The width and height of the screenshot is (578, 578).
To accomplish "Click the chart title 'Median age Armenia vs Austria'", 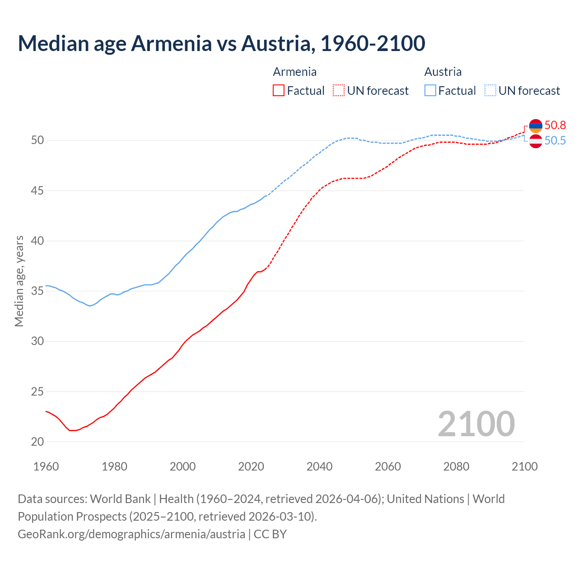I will (x=221, y=43).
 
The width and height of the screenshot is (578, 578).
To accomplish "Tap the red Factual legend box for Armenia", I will (x=279, y=91).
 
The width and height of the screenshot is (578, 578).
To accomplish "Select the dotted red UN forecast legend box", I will (x=339, y=91).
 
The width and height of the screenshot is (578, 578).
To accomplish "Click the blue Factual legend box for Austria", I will (x=430, y=91).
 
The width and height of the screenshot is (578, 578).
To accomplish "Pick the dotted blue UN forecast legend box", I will (x=490, y=91).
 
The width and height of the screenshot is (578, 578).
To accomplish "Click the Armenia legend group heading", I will (x=294, y=72).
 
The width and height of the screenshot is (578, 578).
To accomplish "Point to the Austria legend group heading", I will (x=443, y=72).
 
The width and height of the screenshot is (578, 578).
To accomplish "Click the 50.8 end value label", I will (x=555, y=125).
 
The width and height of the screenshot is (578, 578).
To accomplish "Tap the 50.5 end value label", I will (x=555, y=140).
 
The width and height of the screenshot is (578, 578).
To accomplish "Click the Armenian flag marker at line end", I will (x=536, y=126).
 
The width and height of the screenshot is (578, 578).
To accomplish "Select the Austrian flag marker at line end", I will (x=536, y=141).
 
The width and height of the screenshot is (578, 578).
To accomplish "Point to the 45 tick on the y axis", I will (x=37, y=191).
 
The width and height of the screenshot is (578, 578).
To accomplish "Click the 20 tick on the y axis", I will (x=37, y=442).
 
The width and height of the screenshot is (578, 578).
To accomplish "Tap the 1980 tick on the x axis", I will (x=114, y=466).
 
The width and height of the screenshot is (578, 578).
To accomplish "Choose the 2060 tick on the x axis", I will (x=388, y=466).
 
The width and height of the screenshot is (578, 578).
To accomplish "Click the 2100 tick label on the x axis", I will (x=524, y=466).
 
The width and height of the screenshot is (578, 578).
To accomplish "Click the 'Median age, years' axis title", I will (x=19, y=281).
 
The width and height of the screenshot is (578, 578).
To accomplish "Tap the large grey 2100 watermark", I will (x=476, y=424).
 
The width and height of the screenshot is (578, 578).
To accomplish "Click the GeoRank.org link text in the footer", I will (x=131, y=534).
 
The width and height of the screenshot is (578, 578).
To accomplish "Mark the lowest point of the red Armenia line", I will (x=72, y=430).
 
